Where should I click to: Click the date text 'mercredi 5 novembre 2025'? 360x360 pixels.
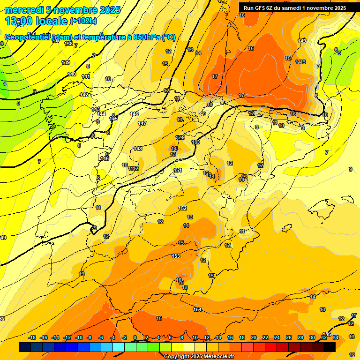click(62, 10)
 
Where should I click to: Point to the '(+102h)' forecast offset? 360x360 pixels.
click(83, 21)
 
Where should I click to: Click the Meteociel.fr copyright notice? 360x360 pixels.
click(199, 356)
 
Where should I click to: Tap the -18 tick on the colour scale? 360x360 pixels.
click(32, 337)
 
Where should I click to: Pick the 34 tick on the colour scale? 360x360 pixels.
click(336, 337)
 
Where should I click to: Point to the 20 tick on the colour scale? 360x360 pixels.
click(254, 337)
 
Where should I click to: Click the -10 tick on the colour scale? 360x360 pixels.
click(79, 337)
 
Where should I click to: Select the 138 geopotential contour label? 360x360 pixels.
click(68, 44)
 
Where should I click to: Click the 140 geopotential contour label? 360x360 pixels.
click(72, 74)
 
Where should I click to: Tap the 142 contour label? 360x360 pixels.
click(84, 95)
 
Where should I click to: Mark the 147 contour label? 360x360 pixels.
click(142, 123)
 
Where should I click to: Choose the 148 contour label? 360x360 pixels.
click(138, 149)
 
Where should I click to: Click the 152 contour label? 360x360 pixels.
click(183, 208)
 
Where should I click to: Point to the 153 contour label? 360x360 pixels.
click(176, 256)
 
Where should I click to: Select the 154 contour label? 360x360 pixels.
click(198, 309)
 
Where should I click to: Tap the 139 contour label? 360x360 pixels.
click(66, 62)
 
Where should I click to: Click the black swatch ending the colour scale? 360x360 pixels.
click(330, 347)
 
